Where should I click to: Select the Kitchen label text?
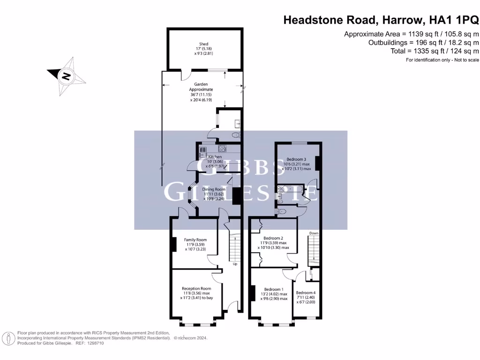[x=215, y=157]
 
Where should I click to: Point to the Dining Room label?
[x=214, y=189]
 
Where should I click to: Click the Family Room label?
[x=195, y=240]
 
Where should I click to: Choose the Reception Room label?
[x=196, y=289]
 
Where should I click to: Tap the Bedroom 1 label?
[x=273, y=289]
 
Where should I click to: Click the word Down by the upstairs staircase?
[x=313, y=233]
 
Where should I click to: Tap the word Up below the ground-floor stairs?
[x=235, y=263]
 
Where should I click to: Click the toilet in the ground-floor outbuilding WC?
[x=236, y=135]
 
